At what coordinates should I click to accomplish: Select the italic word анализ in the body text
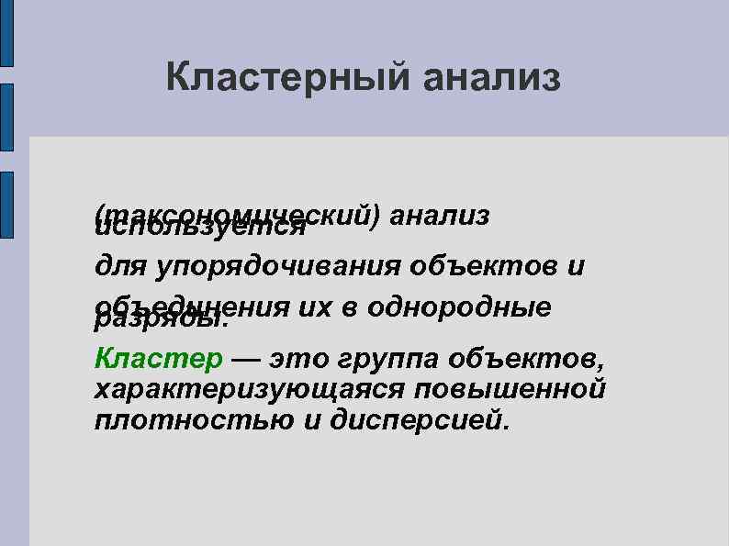(439, 214)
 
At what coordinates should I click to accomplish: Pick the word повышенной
(510, 389)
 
